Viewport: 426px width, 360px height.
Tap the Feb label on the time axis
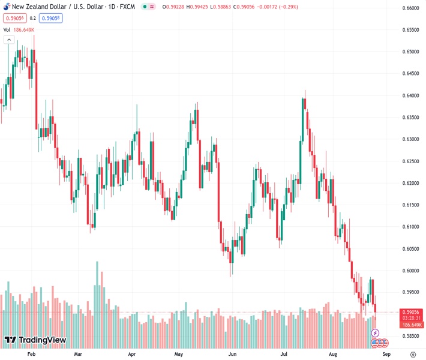tap(32, 355)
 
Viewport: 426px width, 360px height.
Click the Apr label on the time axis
tap(133, 355)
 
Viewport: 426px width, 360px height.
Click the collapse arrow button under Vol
tap(8, 40)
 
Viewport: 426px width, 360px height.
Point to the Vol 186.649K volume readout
tap(19, 29)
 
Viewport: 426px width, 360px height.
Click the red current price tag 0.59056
tap(410, 313)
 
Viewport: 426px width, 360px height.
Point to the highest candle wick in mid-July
tap(305, 91)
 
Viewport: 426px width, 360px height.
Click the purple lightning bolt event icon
tap(376, 332)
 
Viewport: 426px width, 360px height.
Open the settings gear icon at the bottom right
tap(411, 355)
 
